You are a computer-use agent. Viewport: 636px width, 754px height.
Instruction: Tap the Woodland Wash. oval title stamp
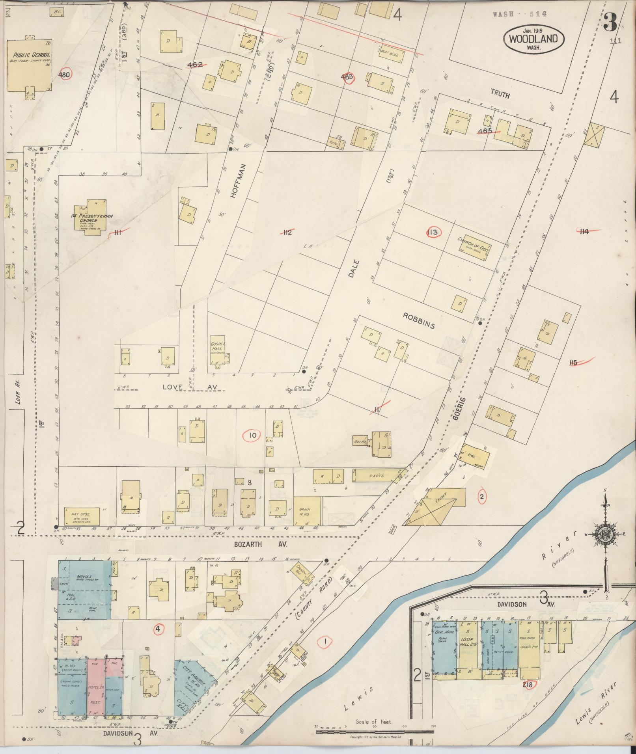(533, 38)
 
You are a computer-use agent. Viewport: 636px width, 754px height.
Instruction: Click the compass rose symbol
(604, 534)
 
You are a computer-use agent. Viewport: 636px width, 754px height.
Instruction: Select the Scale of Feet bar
(375, 732)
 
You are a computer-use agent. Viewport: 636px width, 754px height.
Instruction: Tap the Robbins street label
(419, 320)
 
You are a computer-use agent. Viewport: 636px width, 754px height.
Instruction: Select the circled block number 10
(253, 436)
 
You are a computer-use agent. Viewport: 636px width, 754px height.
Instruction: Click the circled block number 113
(433, 232)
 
